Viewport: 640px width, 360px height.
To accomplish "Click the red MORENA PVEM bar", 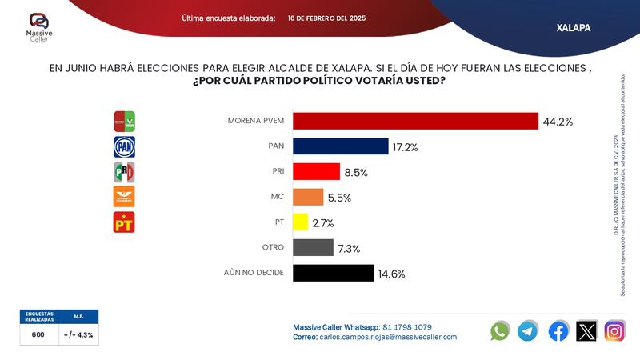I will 415,121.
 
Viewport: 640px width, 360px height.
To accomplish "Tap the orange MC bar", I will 308,197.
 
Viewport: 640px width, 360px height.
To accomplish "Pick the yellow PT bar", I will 301,222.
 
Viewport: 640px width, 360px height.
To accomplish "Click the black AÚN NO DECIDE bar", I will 334,273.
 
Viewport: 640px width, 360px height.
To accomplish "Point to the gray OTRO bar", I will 313,248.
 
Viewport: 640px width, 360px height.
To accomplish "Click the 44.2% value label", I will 558,122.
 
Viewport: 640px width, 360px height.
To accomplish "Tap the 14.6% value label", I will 390,274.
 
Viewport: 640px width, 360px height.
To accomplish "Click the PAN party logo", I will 124,146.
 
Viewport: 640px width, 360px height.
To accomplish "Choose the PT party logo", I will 124,222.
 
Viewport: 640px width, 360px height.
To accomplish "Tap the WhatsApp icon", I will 500,330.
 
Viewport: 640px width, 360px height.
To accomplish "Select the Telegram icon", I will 528,330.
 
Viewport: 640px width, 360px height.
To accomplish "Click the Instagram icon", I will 614,330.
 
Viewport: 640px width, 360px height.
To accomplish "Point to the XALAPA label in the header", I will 573,27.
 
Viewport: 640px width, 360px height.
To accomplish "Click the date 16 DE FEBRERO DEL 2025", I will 326,18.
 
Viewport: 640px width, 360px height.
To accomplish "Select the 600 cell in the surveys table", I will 38,335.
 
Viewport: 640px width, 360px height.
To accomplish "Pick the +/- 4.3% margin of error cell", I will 78,335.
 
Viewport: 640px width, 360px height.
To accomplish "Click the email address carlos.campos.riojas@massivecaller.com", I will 388,337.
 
